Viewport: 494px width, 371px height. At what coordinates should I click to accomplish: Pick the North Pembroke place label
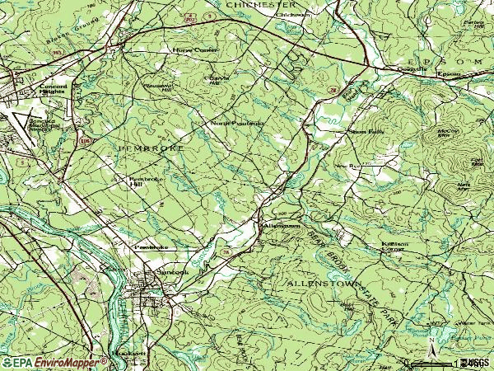[236, 124]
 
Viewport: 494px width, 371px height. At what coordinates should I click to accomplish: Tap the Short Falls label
[366, 130]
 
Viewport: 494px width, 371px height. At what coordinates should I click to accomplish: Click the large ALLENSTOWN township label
[324, 283]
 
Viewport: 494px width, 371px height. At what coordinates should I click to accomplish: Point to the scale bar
[445, 362]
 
